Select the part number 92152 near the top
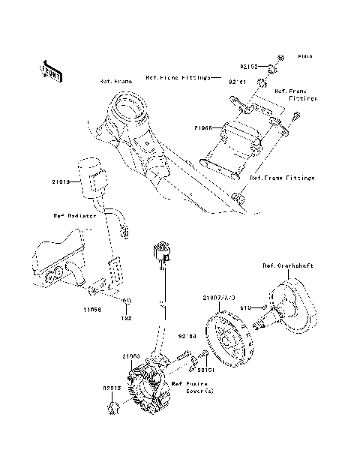click(250, 67)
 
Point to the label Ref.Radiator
click(74, 215)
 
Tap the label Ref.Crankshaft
click(283, 265)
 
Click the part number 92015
click(92, 388)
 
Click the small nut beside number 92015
click(112, 407)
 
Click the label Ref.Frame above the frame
click(114, 80)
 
